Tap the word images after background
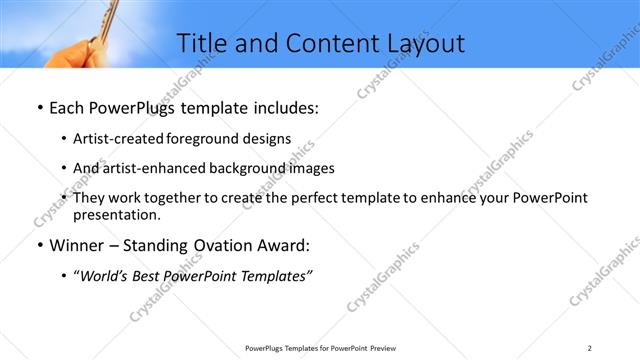pos(310,168)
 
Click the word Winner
pos(77,245)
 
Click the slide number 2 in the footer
pos(590,348)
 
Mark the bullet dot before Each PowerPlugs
pos(38,105)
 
